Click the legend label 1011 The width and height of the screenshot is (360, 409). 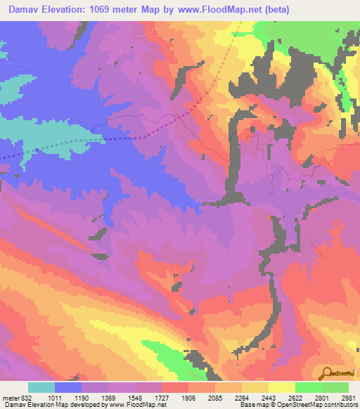pos(66,397)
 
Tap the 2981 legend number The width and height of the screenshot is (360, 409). pos(350,397)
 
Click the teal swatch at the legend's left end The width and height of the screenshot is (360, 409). pos(41,387)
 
